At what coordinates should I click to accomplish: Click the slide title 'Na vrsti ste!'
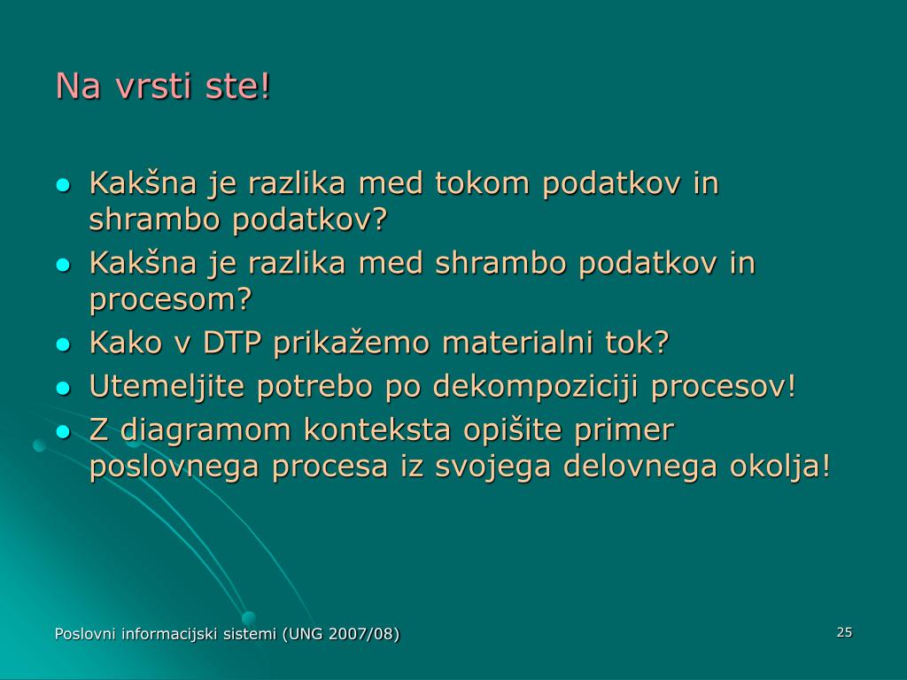click(x=163, y=86)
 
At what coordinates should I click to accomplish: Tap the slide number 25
click(x=844, y=632)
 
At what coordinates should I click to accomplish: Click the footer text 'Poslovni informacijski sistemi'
click(x=166, y=634)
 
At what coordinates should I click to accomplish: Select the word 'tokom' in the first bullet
click(x=482, y=183)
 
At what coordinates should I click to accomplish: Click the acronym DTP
click(x=232, y=343)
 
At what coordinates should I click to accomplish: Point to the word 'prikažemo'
click(x=351, y=344)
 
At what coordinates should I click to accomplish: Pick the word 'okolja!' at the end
click(x=779, y=466)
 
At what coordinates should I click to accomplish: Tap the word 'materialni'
click(x=517, y=343)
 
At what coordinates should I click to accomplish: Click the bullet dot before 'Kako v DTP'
click(x=63, y=344)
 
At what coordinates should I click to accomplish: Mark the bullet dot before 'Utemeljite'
click(x=63, y=388)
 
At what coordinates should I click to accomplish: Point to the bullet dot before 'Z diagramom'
click(x=63, y=432)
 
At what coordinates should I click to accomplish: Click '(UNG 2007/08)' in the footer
click(x=341, y=634)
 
